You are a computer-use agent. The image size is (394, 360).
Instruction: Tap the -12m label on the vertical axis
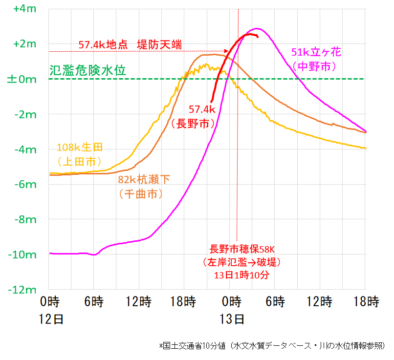pos(22,290)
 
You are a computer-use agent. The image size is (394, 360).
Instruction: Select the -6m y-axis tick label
pos(22,185)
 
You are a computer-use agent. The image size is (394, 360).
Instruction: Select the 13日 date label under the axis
pos(232,320)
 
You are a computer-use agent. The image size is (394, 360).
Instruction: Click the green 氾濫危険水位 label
pos(88,70)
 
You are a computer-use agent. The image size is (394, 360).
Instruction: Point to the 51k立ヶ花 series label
pos(315,51)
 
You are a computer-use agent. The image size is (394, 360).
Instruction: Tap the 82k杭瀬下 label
pos(144,180)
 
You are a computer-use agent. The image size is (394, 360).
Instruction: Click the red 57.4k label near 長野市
pos(202,109)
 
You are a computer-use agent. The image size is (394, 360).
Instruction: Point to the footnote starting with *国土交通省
pos(271,346)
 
